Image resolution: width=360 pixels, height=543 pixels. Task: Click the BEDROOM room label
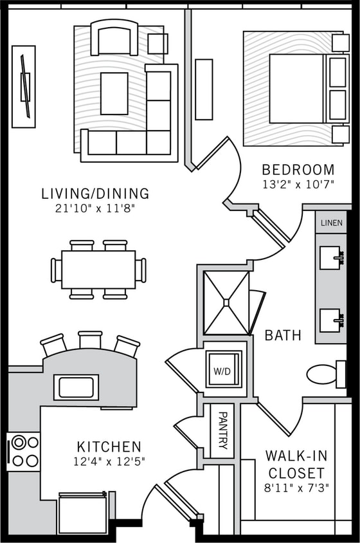[x=298, y=170]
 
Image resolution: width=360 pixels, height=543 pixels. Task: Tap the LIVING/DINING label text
[x=95, y=193]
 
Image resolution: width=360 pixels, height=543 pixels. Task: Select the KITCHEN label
[x=109, y=446]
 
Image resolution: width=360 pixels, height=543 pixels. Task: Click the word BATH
[x=283, y=335]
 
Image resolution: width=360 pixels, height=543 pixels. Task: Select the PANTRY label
[x=222, y=430]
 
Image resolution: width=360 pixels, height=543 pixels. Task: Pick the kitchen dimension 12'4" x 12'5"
[x=109, y=461]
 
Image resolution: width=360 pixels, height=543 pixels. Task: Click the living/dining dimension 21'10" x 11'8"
[x=95, y=208]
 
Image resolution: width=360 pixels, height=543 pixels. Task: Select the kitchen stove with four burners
[x=23, y=451]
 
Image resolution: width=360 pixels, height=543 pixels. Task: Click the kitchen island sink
[x=76, y=387]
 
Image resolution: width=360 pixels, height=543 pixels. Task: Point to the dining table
[x=98, y=270]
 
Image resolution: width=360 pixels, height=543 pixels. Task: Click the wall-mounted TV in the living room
[x=24, y=86]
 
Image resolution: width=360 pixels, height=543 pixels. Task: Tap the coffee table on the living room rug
[x=114, y=93]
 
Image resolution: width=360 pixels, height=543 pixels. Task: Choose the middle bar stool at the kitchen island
[x=90, y=340]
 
